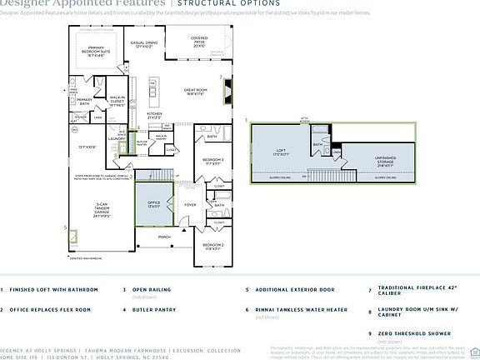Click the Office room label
(x=155, y=203)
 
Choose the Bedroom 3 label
(x=213, y=161)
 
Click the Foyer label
(x=190, y=203)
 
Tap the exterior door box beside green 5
(x=73, y=236)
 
